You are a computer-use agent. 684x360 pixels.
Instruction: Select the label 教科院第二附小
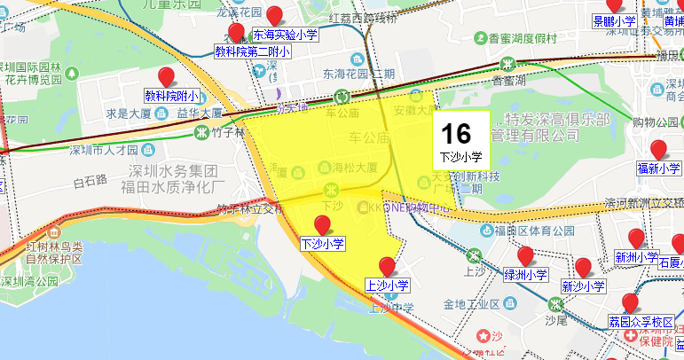click(x=253, y=51)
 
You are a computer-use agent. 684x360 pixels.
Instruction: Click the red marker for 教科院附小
click(x=165, y=76)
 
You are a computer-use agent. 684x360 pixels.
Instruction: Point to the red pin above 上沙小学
click(x=387, y=266)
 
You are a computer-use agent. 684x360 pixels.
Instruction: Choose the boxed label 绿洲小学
click(x=525, y=275)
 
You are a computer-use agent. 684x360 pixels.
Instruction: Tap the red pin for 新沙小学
click(x=583, y=268)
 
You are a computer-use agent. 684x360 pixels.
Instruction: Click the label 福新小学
click(x=658, y=168)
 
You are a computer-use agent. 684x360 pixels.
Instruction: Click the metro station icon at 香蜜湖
click(x=507, y=64)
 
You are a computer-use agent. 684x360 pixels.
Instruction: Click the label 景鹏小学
click(x=614, y=21)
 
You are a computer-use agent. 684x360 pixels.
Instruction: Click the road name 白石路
click(x=90, y=181)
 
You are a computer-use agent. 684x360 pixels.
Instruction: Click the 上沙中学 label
click(x=391, y=308)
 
